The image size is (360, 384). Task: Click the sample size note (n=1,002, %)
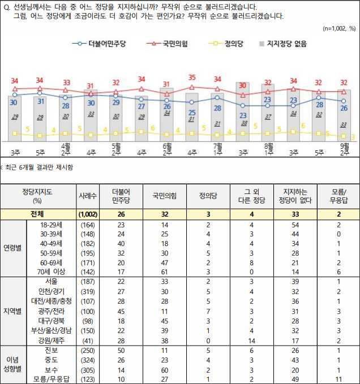coord(338,28)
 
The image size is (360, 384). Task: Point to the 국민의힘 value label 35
coord(192,77)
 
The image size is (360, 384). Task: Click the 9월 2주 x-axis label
coord(344,149)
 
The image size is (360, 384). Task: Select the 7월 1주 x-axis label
coord(217,149)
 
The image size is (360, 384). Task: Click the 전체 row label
coord(40,214)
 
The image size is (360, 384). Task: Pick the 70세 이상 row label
coord(52,271)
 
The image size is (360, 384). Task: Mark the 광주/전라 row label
coord(52,311)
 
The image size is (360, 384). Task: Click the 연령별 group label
coord(13,248)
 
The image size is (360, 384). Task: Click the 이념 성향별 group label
coord(13,364)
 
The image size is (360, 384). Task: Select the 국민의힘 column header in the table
coord(165,196)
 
